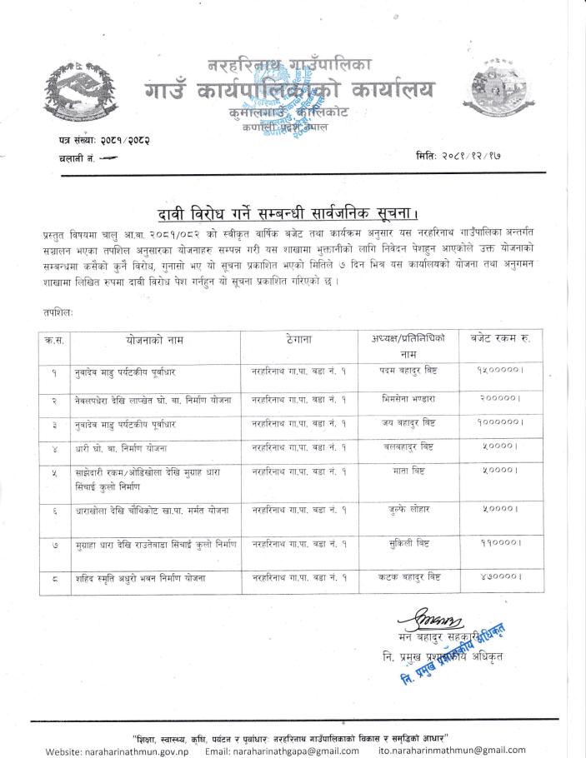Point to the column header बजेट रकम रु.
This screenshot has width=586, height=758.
(501, 338)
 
